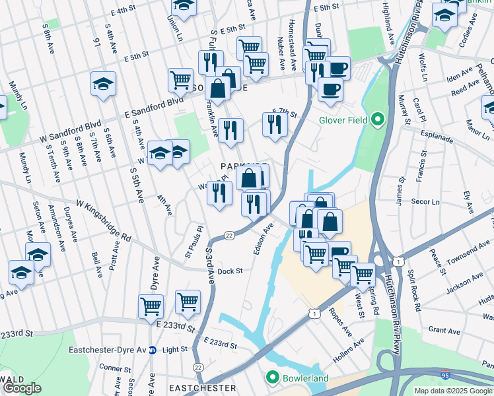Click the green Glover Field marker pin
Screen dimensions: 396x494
pos(377,120)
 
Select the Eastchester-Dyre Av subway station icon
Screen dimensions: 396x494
pos(153,350)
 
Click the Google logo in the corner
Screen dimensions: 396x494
pos(22,389)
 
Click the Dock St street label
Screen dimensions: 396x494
pos(230,271)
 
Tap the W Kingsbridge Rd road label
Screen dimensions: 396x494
pos(104,220)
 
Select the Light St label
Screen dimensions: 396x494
pos(175,350)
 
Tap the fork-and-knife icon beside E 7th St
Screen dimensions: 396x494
pos(275,124)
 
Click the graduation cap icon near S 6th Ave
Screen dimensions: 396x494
pos(104,83)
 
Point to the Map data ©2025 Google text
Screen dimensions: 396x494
pos(453,391)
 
